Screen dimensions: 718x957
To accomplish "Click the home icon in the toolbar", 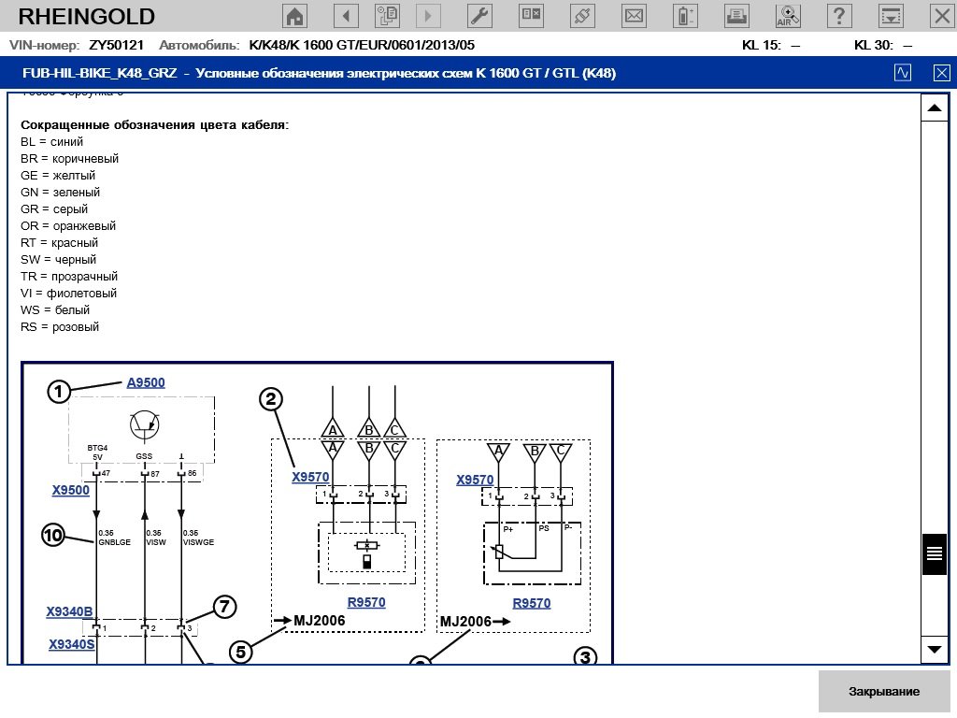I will click(295, 16).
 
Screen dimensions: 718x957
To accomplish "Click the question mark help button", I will click(840, 16).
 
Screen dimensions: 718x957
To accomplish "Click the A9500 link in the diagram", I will click(146, 382).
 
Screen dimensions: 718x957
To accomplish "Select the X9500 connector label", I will click(71, 490).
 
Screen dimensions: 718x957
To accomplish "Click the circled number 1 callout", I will click(60, 392).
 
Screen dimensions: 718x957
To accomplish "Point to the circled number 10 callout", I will click(53, 536).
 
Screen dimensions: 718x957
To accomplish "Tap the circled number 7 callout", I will click(223, 607).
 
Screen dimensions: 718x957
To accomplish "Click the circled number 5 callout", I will click(242, 652).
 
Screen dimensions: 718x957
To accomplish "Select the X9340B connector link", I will click(70, 612).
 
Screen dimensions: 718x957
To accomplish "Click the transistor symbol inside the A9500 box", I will click(145, 424).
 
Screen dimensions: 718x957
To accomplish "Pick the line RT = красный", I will click(59, 243).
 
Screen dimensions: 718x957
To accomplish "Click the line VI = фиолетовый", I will click(68, 294).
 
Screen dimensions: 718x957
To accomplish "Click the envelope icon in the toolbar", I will click(634, 16).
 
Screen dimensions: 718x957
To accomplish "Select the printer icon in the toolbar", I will click(736, 16).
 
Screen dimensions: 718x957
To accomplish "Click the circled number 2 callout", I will click(271, 400).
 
